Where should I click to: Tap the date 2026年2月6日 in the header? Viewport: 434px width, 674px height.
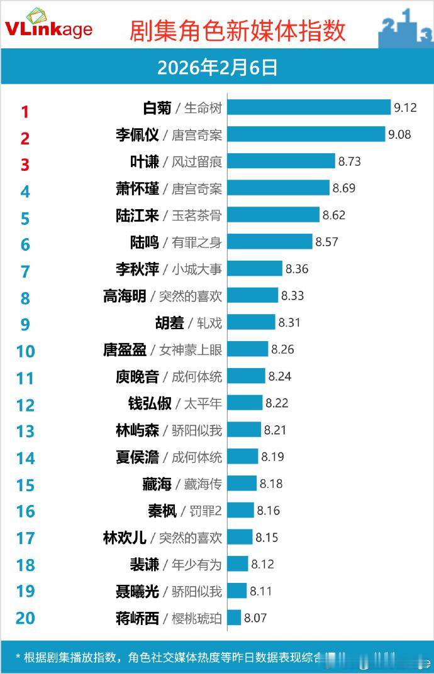(x=217, y=68)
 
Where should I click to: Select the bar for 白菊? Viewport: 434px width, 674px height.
(x=309, y=107)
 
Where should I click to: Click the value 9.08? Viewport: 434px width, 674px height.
(x=399, y=134)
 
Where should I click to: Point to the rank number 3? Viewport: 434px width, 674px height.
(x=25, y=165)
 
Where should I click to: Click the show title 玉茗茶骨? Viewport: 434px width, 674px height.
(x=197, y=215)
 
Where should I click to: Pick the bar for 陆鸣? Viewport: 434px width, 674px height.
(x=270, y=242)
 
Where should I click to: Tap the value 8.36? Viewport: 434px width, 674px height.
(x=298, y=269)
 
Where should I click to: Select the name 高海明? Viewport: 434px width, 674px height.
(x=125, y=296)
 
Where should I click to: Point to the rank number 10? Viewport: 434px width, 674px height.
(x=25, y=351)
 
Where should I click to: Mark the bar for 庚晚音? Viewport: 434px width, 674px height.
(x=246, y=376)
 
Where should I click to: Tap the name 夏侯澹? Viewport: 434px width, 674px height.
(x=138, y=457)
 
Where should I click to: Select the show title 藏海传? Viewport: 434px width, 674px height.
(x=203, y=484)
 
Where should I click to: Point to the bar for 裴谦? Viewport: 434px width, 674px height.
(x=238, y=564)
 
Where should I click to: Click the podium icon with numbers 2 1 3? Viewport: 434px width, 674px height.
(x=405, y=28)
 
